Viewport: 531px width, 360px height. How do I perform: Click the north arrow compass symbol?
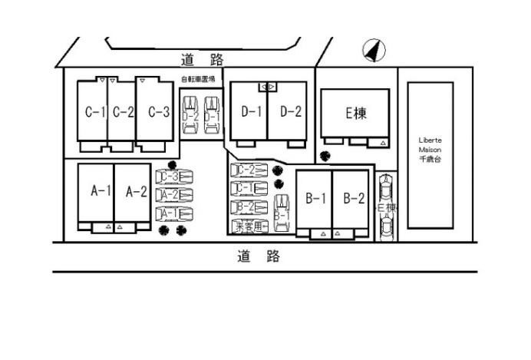pyautogui.click(x=374, y=51)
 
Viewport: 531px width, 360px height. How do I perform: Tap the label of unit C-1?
pyautogui.click(x=94, y=112)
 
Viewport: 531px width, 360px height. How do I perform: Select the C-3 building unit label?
pyautogui.click(x=158, y=112)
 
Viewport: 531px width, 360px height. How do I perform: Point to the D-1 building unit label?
pyautogui.click(x=251, y=112)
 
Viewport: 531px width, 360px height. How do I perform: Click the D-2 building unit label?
pyautogui.click(x=290, y=112)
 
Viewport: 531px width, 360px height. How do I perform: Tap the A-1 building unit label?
pyautogui.click(x=101, y=191)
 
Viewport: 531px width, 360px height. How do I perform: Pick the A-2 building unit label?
pyautogui.click(x=136, y=191)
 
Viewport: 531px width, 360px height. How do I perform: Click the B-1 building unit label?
pyautogui.click(x=315, y=200)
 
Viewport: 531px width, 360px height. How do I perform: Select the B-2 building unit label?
pyautogui.click(x=353, y=200)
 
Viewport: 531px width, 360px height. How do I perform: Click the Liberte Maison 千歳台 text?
pyautogui.click(x=430, y=150)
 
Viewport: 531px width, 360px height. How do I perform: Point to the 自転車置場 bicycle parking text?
pyautogui.click(x=198, y=80)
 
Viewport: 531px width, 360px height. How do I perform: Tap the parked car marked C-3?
pyautogui.click(x=174, y=177)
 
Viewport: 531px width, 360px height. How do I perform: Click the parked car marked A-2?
pyautogui.click(x=174, y=195)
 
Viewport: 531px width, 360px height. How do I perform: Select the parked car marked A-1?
pyautogui.click(x=174, y=213)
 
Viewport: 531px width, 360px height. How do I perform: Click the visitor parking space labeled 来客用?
pyautogui.click(x=251, y=226)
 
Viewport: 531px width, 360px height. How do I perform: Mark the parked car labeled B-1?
pyautogui.click(x=282, y=213)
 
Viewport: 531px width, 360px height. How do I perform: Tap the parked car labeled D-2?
pyautogui.click(x=190, y=115)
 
